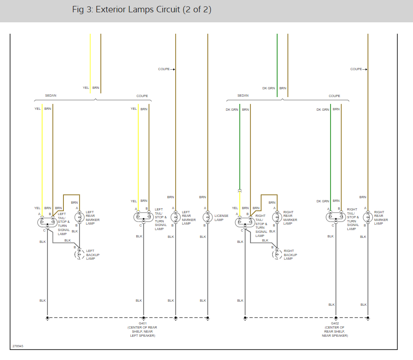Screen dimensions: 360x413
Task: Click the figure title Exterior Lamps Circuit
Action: pos(141,10)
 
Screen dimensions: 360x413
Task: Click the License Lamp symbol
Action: pos(207,217)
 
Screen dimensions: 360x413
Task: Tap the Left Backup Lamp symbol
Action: pos(79,254)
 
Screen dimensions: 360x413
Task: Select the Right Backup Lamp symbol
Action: pos(277,254)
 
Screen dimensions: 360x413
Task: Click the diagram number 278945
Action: pos(18,346)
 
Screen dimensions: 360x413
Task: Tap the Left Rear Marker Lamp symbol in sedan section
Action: pos(79,217)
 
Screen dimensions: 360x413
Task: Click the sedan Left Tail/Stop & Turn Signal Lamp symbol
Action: pos(47,222)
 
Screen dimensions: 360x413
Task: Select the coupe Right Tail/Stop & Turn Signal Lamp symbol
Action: pos(336,217)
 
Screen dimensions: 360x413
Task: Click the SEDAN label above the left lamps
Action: pos(51,96)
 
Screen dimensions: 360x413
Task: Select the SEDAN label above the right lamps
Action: pos(243,96)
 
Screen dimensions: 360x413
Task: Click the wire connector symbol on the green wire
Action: pos(239,190)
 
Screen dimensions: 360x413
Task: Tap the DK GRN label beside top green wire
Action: pos(268,88)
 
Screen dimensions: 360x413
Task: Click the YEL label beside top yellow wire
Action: pos(86,87)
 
